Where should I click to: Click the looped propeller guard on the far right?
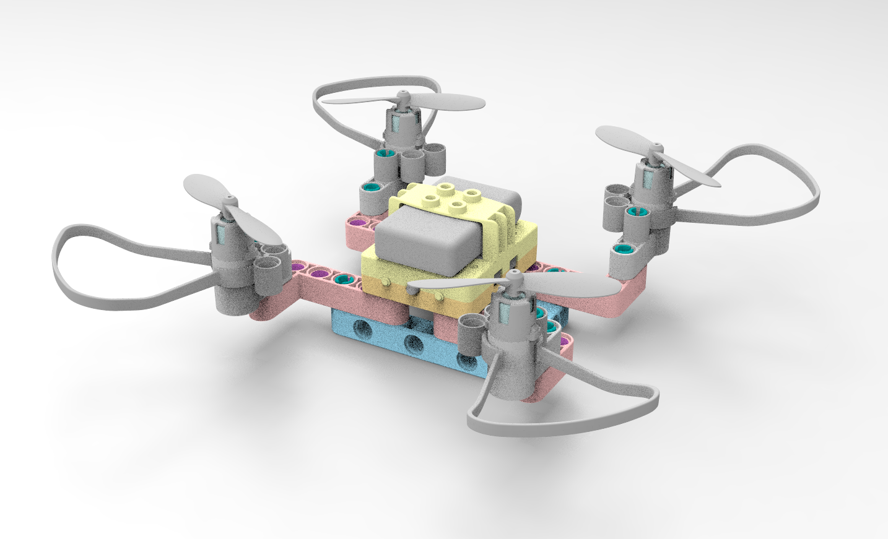(799, 186)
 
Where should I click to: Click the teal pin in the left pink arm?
(340, 280)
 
